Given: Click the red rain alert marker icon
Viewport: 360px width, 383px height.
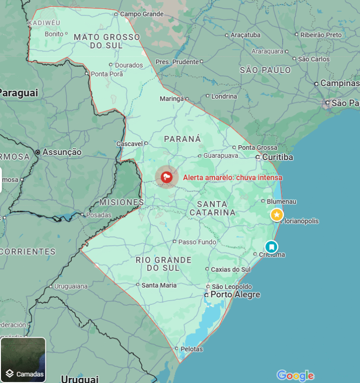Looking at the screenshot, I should tap(166, 177).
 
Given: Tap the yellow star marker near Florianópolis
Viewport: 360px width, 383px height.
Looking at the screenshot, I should tap(277, 214).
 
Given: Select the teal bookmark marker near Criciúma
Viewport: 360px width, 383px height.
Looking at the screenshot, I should tap(271, 246).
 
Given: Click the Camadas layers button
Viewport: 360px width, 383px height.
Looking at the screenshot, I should tap(23, 360).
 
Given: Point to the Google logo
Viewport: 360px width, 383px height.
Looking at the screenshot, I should tap(295, 375).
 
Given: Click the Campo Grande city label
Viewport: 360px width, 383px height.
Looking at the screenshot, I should tap(142, 14).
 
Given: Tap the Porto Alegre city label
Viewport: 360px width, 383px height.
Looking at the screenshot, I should tap(235, 295).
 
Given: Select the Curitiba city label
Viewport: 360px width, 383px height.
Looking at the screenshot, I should tap(277, 157).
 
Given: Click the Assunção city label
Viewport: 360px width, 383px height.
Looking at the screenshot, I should tap(62, 152).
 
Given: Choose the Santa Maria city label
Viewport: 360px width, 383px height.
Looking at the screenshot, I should tap(159, 285).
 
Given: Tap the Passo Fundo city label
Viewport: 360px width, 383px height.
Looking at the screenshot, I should tap(197, 242).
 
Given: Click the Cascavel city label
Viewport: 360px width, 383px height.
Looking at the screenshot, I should tap(131, 143).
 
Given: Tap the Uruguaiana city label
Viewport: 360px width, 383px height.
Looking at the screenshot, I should tap(71, 286).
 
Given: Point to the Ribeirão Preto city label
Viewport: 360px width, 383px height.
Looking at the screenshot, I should tap(321, 35).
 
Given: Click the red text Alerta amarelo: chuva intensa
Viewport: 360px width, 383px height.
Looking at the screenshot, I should tap(232, 177).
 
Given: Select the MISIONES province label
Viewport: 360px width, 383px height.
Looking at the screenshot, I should tap(121, 202).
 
